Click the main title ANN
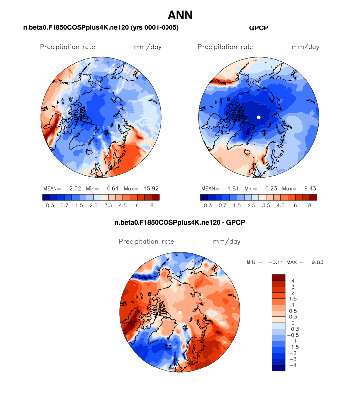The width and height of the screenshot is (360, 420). [x=180, y=15]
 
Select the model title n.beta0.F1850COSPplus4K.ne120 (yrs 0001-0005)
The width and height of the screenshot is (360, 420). [x=101, y=28]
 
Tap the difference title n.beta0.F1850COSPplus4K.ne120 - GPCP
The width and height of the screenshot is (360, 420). [x=180, y=223]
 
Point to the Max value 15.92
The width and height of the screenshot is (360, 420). [x=151, y=188]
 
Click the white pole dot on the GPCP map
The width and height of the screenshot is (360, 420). [x=259, y=117]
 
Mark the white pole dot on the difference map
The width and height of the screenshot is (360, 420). [x=180, y=312]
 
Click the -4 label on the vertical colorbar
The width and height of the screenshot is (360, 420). [x=293, y=366]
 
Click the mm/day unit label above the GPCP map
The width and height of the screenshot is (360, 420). [x=305, y=47]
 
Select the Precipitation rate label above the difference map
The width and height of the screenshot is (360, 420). [x=146, y=242]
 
